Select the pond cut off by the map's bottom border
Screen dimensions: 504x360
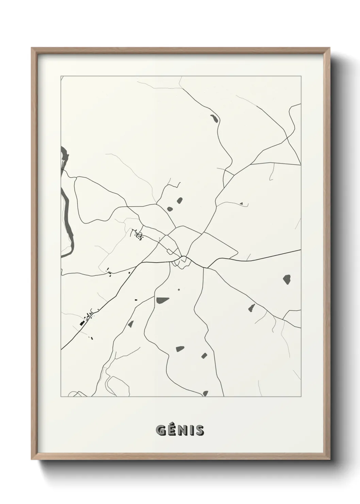tap(205, 393)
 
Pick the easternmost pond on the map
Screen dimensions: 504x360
tap(287, 279)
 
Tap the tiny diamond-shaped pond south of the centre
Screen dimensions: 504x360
tap(179, 289)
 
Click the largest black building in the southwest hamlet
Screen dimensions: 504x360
tap(82, 323)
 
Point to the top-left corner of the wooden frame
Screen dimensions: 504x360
tap(32, 48)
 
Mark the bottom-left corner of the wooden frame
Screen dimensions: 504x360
tap(32, 459)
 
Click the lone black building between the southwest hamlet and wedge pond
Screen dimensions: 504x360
tap(135, 300)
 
